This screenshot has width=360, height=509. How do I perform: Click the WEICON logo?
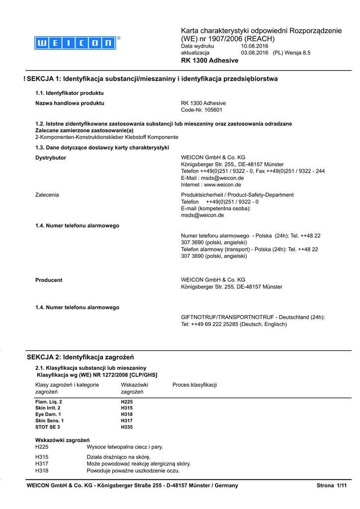click(x=75, y=43)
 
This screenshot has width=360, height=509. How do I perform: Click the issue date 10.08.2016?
click(x=255, y=46)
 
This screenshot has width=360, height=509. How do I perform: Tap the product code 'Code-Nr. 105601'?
click(x=201, y=110)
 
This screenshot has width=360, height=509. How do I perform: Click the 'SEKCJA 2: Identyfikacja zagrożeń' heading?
click(x=80, y=357)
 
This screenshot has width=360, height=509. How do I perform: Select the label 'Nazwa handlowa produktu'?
click(x=70, y=103)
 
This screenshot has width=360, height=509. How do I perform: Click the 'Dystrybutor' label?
click(x=51, y=158)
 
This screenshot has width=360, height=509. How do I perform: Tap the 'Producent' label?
click(x=49, y=280)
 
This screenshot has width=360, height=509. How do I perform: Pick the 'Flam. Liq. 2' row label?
click(x=49, y=401)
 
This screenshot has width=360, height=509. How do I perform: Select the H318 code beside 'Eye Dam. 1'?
click(x=127, y=414)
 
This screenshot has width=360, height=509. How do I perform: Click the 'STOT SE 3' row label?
click(x=47, y=427)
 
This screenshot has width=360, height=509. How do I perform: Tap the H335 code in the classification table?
click(x=127, y=427)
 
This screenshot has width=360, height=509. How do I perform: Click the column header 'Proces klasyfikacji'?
click(x=194, y=385)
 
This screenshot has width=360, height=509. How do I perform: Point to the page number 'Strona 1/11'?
click(x=331, y=485)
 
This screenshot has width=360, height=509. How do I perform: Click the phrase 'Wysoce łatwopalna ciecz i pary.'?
click(x=125, y=447)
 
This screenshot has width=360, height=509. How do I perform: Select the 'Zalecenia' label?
click(x=47, y=195)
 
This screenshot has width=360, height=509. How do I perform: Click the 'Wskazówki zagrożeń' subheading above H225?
click(x=62, y=440)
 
